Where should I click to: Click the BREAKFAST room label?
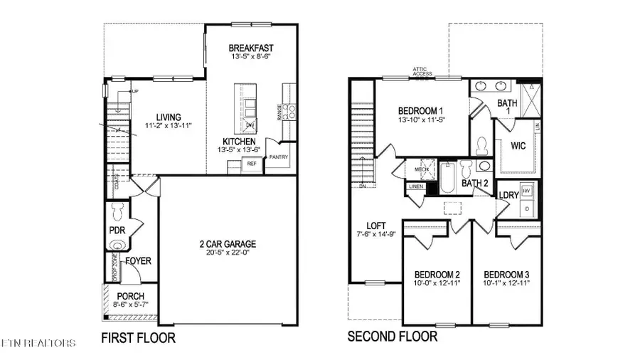(x=251, y=48)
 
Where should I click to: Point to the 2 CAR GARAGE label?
(x=228, y=244)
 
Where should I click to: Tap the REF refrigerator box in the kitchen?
(x=250, y=164)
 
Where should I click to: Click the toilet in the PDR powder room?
(x=118, y=211)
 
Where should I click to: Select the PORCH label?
(x=131, y=296)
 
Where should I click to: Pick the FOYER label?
(x=138, y=261)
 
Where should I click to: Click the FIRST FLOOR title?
(x=138, y=337)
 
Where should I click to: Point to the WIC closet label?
(x=518, y=145)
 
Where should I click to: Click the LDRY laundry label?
(x=508, y=195)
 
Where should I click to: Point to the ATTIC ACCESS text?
(x=424, y=70)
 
